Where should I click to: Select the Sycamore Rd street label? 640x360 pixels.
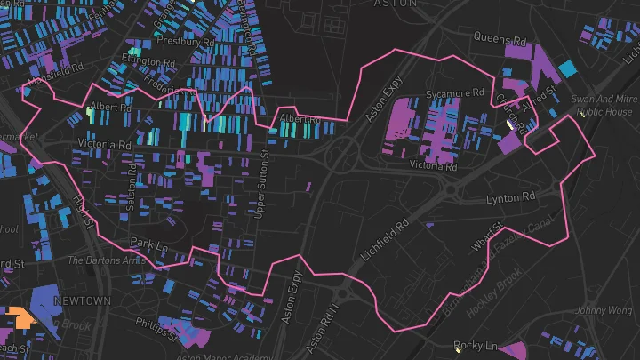tap(455, 93)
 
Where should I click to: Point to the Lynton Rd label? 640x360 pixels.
tap(511, 196)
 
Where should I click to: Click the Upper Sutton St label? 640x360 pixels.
tap(262, 183)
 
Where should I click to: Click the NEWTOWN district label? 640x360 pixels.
tap(82, 300)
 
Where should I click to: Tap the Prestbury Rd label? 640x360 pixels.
tap(184, 41)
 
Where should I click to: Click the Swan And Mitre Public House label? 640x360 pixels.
tap(604, 107)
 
